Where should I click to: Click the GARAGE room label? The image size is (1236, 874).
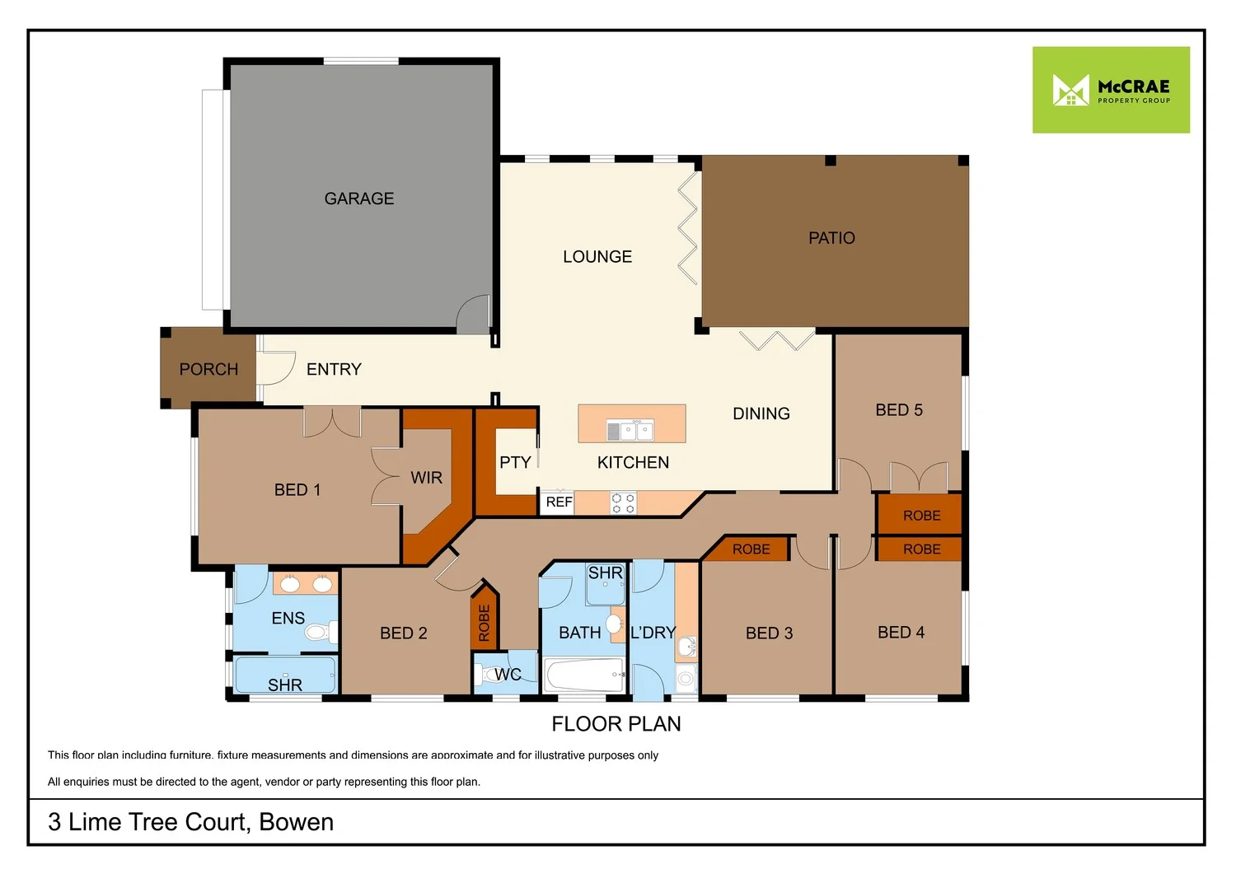(359, 199)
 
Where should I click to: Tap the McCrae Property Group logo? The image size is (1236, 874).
(1111, 90)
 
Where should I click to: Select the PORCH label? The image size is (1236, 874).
(208, 369)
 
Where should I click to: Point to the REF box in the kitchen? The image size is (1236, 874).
(559, 502)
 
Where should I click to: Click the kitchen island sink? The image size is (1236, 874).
(630, 429)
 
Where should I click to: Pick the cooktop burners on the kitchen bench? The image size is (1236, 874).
(623, 503)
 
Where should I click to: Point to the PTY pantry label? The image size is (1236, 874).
(515, 462)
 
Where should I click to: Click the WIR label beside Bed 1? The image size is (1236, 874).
(426, 478)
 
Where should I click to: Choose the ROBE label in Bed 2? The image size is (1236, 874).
(485, 623)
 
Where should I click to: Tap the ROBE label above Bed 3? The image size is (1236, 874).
(751, 549)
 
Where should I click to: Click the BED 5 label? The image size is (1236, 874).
(899, 410)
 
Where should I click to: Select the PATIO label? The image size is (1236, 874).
(831, 238)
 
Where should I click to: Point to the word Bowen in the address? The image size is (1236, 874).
(296, 822)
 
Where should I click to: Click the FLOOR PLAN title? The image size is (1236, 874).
(616, 724)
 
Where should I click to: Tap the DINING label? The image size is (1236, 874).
(761, 414)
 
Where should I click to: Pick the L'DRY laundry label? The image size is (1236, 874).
(653, 633)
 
